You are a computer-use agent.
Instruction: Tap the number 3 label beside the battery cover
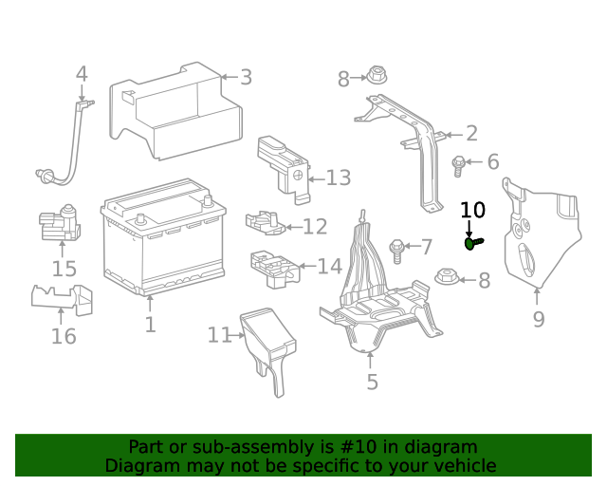(x=245, y=78)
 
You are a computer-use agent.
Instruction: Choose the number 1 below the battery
(x=150, y=326)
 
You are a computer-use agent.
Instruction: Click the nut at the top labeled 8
(x=374, y=76)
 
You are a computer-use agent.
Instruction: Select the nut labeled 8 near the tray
(x=446, y=279)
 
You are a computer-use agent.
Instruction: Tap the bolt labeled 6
(x=459, y=165)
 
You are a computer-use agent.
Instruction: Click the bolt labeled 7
(x=397, y=251)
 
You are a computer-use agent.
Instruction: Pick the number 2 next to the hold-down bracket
(x=470, y=134)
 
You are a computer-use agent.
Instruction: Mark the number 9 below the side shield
(x=538, y=319)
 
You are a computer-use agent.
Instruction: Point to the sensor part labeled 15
(x=59, y=224)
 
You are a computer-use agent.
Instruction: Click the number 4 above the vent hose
(x=82, y=74)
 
